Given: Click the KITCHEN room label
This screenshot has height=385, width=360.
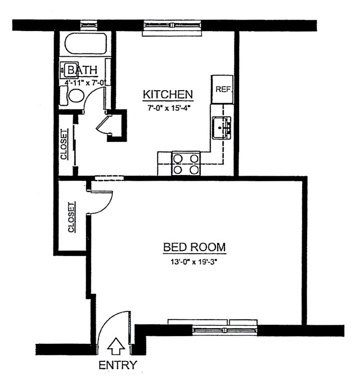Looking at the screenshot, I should coord(168,94).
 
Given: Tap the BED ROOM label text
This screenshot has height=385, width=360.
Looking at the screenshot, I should coord(194,247).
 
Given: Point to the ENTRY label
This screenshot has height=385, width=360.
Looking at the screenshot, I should coord(118,365).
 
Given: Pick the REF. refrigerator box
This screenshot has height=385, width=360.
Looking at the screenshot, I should coord(222,89).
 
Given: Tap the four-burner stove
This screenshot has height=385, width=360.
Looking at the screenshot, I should coord(186,163).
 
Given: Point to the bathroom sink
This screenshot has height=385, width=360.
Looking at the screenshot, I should coord(71,70).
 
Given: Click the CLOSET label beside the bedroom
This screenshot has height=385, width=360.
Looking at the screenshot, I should coord(71,217).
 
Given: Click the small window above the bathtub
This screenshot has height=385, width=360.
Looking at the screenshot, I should coord(88,25).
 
